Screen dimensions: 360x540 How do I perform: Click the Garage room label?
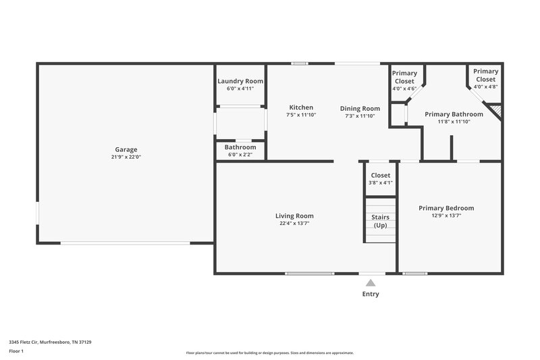(126, 149)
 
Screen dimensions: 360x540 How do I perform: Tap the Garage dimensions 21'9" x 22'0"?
(126, 157)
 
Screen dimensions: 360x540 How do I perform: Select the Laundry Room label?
(240, 81)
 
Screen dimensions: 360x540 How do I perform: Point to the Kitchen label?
(301, 107)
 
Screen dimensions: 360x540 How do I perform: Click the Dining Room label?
(360, 108)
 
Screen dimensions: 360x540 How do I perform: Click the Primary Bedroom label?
(446, 208)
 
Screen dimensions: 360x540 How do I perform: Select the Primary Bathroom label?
(454, 114)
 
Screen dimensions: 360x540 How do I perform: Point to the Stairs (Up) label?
(381, 221)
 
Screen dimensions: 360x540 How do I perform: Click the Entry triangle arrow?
(370, 283)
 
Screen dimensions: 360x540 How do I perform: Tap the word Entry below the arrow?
(371, 294)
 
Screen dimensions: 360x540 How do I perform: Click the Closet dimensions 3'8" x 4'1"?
(381, 182)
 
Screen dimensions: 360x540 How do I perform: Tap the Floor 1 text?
(16, 351)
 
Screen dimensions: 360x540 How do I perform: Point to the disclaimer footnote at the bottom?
(270, 353)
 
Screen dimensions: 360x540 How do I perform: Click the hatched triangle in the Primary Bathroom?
(496, 108)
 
